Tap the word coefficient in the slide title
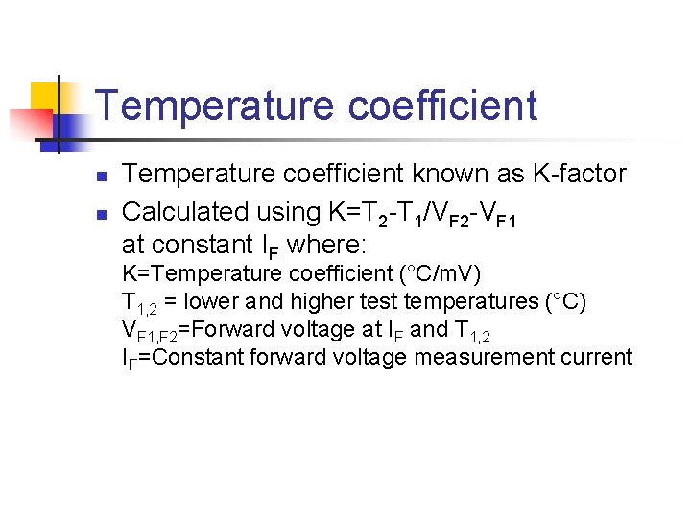tap(442, 106)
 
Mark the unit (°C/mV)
tap(439, 273)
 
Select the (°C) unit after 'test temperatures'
tap(566, 301)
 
